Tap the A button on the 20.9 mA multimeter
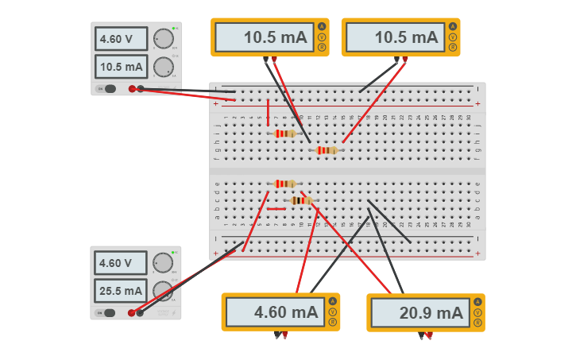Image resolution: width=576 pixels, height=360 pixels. (477, 302)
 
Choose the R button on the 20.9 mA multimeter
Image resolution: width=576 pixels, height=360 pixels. (477, 323)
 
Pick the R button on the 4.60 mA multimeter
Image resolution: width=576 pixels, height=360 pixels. (332, 322)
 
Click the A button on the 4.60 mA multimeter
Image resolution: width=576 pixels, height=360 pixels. (332, 301)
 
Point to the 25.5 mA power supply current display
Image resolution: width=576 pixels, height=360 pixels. (121, 291)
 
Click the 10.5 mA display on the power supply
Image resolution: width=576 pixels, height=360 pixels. (121, 67)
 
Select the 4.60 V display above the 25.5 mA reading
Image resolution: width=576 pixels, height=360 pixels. (121, 263)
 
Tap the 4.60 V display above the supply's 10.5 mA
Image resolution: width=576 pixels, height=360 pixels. (121, 39)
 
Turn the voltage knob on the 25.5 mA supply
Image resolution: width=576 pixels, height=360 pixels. (163, 262)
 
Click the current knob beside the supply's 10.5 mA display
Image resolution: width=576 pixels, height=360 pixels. (163, 66)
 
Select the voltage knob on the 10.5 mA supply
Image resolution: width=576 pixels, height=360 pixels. (163, 38)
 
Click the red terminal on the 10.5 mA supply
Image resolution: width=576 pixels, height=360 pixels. (132, 89)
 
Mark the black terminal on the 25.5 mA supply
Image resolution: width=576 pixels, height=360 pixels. (141, 313)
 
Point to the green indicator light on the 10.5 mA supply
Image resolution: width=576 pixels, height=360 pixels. (173, 29)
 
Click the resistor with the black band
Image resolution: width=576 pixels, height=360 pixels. (301, 200)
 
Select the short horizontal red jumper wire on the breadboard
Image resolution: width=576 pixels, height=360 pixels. (276, 209)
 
